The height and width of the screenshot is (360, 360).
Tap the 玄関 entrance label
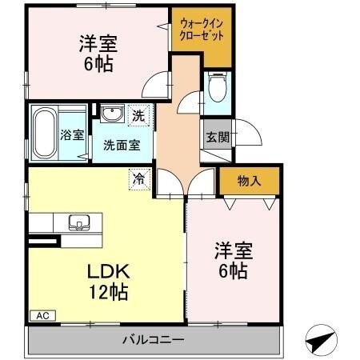214,136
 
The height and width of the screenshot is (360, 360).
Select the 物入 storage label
249,181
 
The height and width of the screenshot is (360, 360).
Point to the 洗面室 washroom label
122,146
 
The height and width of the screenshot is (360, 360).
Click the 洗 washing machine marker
138,116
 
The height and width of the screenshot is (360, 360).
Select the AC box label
42,316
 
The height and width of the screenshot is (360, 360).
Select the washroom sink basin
111,113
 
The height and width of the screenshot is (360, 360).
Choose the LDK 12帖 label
107,281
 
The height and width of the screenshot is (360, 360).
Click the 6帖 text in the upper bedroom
99,64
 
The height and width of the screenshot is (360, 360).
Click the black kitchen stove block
43,239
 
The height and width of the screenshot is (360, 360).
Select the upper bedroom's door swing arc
159,82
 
